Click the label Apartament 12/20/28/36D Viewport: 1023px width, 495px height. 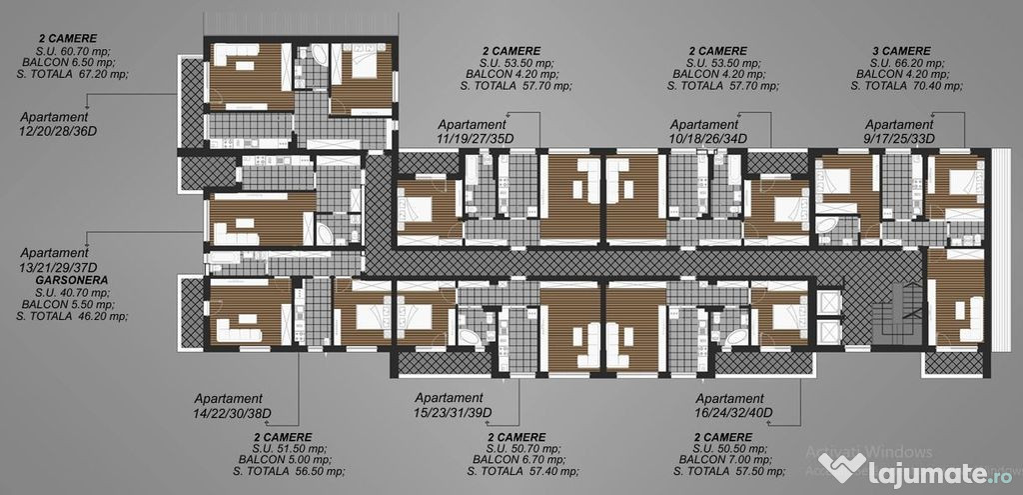pos(54,124)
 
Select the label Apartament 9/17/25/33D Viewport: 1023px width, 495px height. pos(899,131)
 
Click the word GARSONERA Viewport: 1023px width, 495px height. pos(72,279)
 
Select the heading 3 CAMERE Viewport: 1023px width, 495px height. pos(901,51)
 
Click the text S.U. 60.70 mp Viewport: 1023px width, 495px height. pos(74,51)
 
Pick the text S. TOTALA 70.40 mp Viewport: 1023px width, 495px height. pos(906,86)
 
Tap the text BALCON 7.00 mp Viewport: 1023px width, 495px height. pos(724,460)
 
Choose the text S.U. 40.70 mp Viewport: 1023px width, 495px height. pos(73,293)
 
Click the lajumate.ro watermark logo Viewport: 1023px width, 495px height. pos(916,469)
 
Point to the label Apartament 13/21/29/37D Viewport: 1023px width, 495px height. pos(59,260)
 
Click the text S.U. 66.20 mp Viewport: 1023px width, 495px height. pos(907,63)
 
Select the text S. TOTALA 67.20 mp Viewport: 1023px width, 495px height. pos(72,74)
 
